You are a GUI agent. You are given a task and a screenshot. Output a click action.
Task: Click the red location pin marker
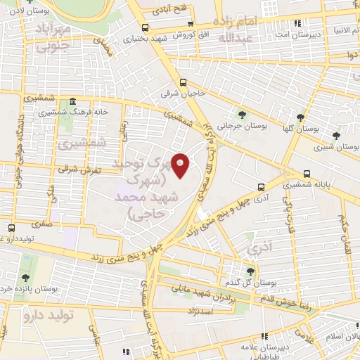(x=181, y=167)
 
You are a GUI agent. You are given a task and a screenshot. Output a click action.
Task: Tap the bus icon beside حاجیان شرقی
(x=184, y=82)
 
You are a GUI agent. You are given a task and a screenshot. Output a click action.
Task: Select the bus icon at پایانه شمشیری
(x=307, y=174)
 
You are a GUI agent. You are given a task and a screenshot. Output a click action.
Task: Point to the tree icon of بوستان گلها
(x=301, y=117)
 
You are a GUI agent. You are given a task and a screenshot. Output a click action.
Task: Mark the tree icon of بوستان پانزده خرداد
(x=26, y=278)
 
